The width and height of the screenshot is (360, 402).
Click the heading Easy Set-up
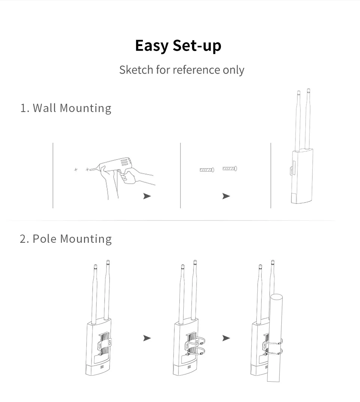(178, 46)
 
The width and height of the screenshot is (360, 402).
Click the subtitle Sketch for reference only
(181, 70)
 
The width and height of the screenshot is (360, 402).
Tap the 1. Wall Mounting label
(66, 108)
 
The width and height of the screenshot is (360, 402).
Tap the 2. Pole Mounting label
(66, 239)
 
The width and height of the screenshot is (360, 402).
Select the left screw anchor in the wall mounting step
(207, 169)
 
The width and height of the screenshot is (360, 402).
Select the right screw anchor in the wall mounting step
(229, 169)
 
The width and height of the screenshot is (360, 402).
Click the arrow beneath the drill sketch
(147, 196)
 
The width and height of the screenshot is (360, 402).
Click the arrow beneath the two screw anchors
(226, 196)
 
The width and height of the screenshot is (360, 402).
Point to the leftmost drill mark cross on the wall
(76, 169)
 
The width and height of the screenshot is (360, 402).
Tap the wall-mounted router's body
(302, 176)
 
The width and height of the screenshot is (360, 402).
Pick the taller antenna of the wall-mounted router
(308, 119)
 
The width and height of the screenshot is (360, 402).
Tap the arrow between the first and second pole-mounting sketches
(147, 338)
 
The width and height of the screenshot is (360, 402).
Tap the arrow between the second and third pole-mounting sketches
(226, 338)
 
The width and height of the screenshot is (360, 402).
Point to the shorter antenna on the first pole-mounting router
(94, 294)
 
